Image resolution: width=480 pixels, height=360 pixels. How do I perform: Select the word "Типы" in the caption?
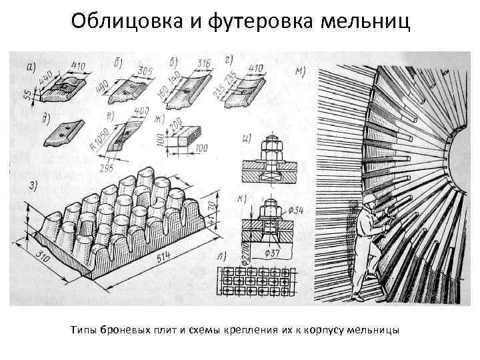83,329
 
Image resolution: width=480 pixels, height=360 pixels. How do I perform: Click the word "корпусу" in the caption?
326,329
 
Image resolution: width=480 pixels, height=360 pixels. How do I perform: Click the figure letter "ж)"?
158,119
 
